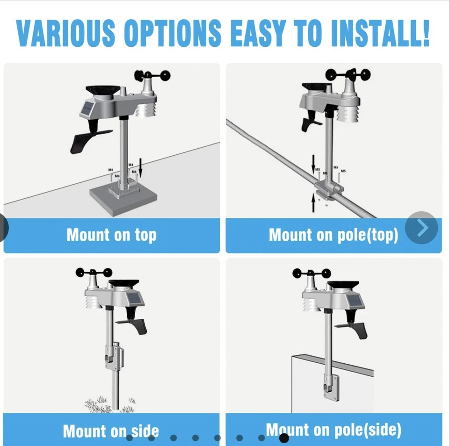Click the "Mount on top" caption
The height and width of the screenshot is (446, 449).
(111, 235)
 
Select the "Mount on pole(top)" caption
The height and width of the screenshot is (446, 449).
(333, 235)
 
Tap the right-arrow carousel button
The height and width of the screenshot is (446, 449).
(421, 228)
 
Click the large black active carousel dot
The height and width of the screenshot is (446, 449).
(283, 438)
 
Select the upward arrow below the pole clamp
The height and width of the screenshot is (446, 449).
(314, 202)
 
